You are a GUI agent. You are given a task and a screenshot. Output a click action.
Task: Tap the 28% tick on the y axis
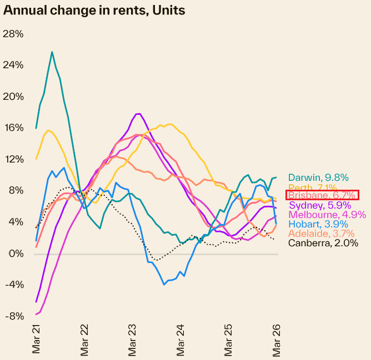click(x=13, y=34)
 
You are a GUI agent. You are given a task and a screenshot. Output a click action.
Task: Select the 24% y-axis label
click(x=13, y=65)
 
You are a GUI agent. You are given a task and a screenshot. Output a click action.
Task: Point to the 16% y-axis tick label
click(x=13, y=128)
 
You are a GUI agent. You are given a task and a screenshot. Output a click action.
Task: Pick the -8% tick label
click(x=13, y=316)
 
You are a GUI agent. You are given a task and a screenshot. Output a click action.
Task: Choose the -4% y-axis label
click(x=13, y=285)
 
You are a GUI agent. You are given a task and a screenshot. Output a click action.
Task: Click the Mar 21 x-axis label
click(x=37, y=340)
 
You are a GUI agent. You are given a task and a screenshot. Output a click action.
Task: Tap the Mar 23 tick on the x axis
click(x=133, y=340)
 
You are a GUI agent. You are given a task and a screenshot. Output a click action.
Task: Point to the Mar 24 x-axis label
click(x=181, y=340)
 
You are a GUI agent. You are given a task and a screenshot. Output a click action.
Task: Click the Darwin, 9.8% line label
click(x=318, y=178)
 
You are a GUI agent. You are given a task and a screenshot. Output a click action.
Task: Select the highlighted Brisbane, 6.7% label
click(x=322, y=195)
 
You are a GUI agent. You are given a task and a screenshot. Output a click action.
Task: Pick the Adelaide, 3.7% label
click(x=322, y=234)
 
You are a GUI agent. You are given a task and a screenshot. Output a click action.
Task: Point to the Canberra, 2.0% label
click(x=323, y=243)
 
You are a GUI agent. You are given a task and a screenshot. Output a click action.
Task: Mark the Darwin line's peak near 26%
click(x=52, y=52)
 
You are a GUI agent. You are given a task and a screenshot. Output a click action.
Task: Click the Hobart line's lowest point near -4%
click(x=164, y=285)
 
